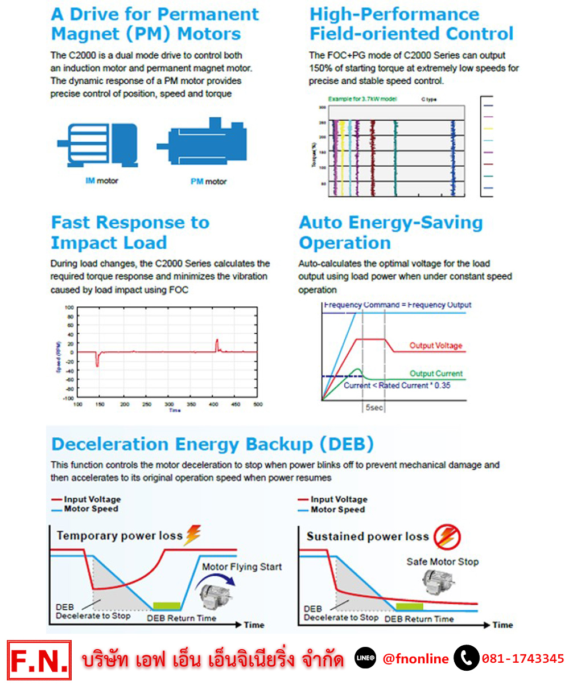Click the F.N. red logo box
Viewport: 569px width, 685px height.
[x=39, y=659]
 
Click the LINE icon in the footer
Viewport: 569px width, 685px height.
[x=365, y=658]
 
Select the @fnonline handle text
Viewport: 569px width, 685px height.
[x=416, y=659]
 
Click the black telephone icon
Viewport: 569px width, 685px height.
[x=466, y=658]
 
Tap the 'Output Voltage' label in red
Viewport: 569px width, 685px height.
[x=436, y=346]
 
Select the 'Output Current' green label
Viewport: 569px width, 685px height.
[x=436, y=374]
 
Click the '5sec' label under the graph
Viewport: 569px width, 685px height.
[x=374, y=408]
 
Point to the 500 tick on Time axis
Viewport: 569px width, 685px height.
[x=257, y=404]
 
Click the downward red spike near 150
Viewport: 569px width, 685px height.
[x=97, y=360]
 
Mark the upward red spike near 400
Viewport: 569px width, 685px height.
[x=217, y=344]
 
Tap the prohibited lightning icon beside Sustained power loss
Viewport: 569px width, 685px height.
[x=447, y=536]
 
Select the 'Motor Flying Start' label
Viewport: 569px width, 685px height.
[x=242, y=567]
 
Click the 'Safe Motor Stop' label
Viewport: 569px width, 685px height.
[x=443, y=561]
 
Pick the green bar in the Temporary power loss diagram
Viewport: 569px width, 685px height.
[x=166, y=606]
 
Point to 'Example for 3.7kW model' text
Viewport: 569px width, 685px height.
[x=362, y=99]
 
